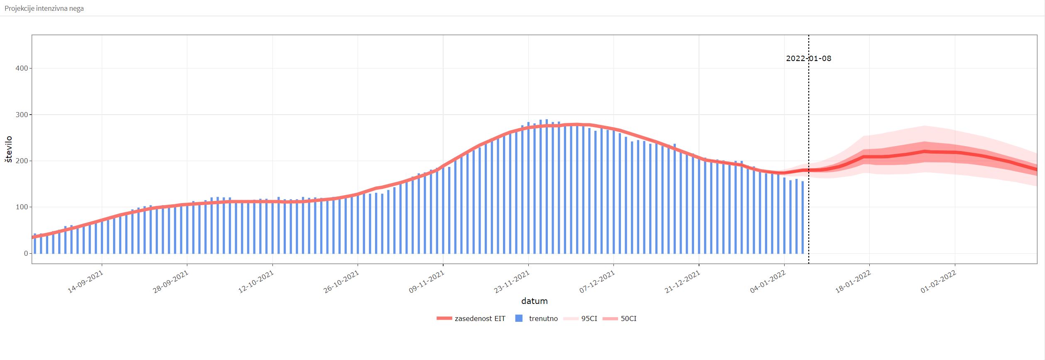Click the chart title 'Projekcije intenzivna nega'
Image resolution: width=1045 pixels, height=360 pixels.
[x=44, y=8]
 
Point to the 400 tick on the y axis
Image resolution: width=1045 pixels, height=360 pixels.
[x=22, y=68]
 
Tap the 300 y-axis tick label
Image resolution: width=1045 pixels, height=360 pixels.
[x=22, y=115]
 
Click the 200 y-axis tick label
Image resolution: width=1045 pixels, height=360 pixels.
[x=22, y=161]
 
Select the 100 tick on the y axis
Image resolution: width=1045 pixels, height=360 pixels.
[x=22, y=207]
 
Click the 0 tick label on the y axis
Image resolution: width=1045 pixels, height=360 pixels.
[x=26, y=253]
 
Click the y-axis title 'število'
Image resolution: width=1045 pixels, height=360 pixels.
[x=9, y=149]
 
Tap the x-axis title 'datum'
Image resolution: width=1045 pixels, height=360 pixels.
[x=534, y=301]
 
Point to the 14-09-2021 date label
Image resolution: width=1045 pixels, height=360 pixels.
[x=86, y=282]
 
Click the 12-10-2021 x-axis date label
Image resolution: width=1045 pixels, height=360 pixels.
[x=256, y=282]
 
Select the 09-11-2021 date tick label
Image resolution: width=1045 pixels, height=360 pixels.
[x=427, y=282]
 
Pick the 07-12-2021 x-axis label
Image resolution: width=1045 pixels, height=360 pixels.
[x=598, y=282]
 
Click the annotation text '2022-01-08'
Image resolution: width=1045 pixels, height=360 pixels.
[x=808, y=59]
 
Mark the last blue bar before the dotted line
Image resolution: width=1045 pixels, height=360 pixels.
[x=802, y=217]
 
